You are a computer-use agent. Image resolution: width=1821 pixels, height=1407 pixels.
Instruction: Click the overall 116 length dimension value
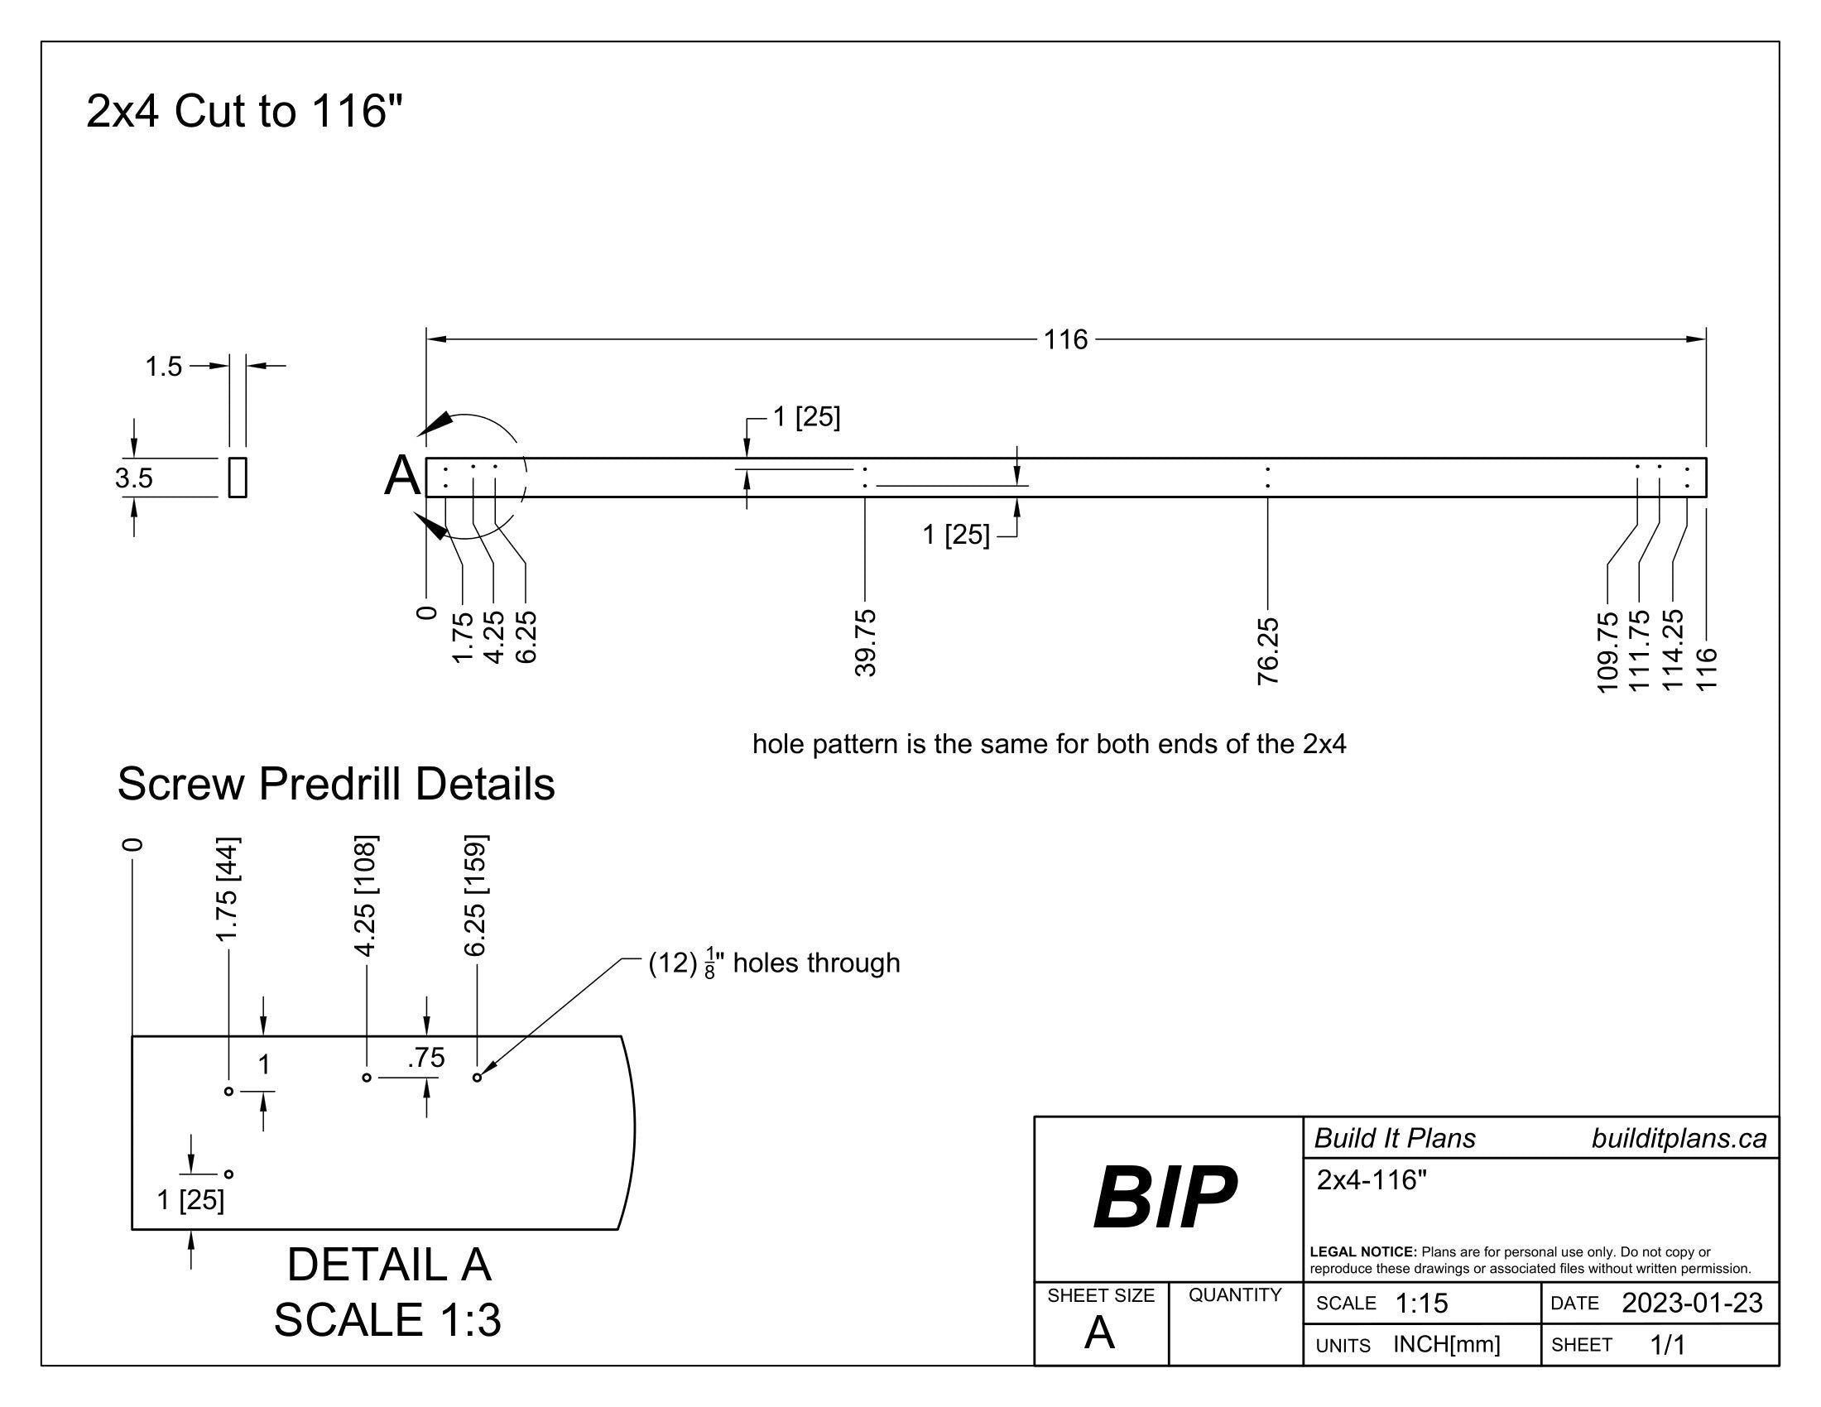[x=1065, y=339]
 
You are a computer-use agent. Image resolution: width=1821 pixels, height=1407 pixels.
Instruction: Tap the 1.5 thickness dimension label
[x=163, y=366]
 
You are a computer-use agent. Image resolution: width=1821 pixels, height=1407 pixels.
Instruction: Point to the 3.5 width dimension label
[x=133, y=478]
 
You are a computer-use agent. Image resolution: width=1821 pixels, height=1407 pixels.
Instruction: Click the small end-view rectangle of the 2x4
[x=238, y=478]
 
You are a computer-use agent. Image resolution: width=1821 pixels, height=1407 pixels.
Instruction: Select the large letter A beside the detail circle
[x=402, y=477]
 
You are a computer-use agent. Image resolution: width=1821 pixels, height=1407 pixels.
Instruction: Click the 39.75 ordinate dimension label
[x=866, y=642]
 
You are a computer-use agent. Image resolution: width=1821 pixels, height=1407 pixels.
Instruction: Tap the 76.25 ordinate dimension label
[x=1267, y=651]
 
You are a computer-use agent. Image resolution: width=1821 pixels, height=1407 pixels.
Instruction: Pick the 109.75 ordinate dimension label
[x=1607, y=651]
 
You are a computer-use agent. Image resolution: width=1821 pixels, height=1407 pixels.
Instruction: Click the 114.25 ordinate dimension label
[x=1673, y=650]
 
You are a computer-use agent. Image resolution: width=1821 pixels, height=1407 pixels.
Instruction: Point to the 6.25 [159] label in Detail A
[x=476, y=896]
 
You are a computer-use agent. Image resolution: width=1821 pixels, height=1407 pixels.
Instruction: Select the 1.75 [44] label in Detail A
[x=228, y=889]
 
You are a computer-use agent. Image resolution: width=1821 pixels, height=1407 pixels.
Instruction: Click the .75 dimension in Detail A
[x=426, y=1058]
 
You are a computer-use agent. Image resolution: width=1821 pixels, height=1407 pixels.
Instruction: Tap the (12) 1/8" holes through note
[x=774, y=963]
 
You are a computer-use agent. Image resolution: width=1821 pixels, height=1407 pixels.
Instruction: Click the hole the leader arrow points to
[x=477, y=1078]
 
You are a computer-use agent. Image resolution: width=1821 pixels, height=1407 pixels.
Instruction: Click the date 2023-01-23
[x=1691, y=1303]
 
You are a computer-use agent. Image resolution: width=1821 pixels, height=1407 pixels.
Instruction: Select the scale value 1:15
[x=1420, y=1303]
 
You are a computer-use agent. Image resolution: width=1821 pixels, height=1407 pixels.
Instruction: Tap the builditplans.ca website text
[x=1679, y=1139]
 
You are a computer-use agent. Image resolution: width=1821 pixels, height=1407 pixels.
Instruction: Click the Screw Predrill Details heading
[x=336, y=784]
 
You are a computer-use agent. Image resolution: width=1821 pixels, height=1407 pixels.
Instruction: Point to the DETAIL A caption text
[x=388, y=1265]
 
